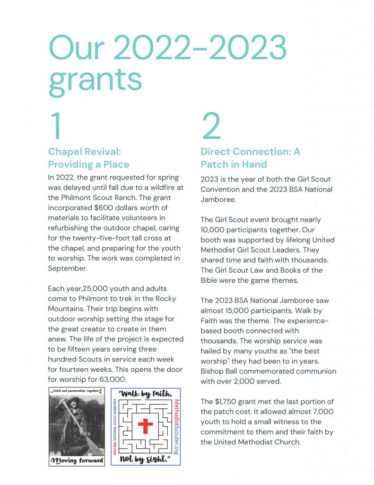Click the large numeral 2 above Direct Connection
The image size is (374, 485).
point(211,126)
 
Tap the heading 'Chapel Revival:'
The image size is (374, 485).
point(85,152)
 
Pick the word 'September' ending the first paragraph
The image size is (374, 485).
point(67,268)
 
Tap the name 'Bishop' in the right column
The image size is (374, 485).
point(213,371)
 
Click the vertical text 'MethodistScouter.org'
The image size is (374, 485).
point(176,427)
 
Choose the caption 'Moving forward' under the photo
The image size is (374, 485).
point(77,461)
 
